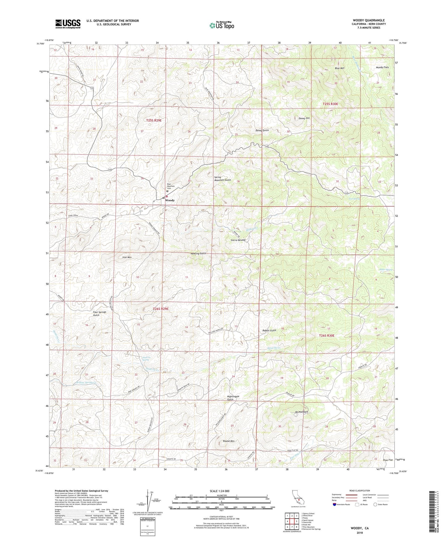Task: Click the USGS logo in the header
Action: coord(68,24)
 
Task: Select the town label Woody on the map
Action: coord(170,200)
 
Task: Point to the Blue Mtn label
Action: coord(340,68)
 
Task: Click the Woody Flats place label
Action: coord(382,67)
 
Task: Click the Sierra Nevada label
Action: coord(238,240)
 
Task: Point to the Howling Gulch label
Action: coord(198,253)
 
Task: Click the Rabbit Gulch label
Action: coord(269,330)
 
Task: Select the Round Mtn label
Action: coord(229,441)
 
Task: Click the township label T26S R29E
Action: coord(161,309)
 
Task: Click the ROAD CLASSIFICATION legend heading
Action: coord(359,491)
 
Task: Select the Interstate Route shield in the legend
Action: coord(335,504)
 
